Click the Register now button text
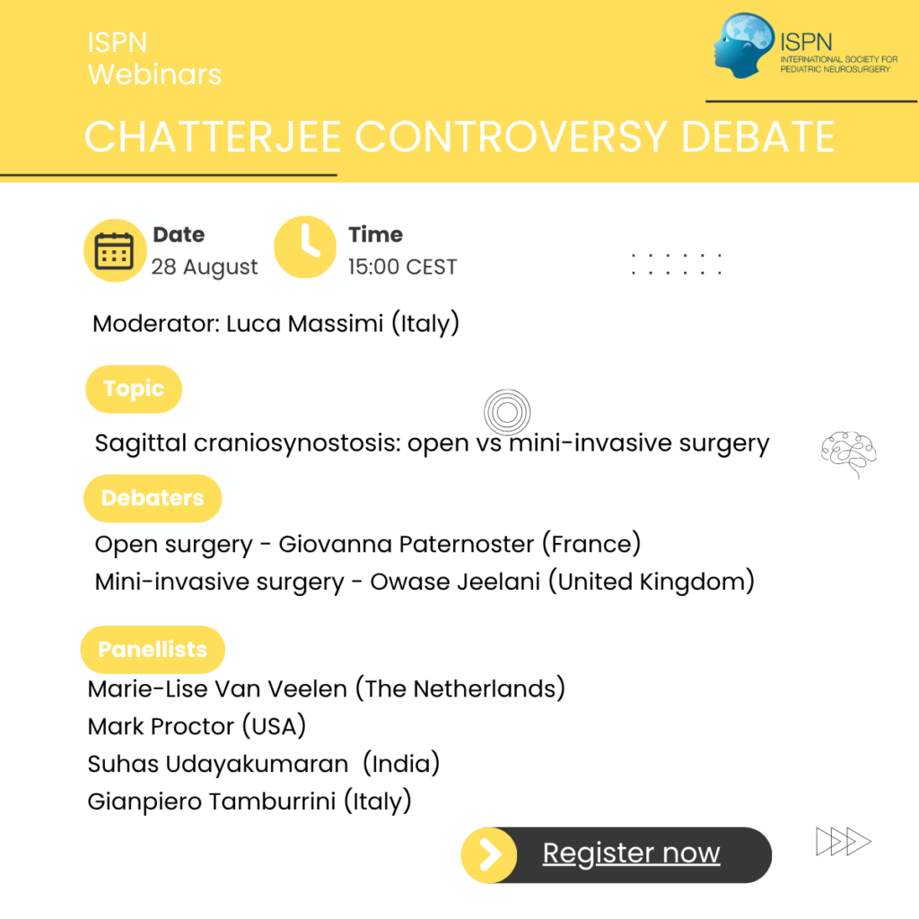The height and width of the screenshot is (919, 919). [631, 853]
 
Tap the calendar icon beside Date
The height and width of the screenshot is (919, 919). [115, 250]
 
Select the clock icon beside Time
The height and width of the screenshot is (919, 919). [305, 247]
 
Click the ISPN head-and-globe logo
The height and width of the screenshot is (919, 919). [744, 45]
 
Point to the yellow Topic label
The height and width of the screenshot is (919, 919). [134, 389]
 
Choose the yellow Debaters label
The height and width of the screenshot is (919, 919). [153, 498]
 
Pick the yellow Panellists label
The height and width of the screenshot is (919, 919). [153, 650]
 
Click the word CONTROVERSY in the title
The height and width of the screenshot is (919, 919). [511, 136]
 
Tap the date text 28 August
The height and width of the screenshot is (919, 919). [205, 267]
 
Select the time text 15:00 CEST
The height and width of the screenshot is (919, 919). [402, 267]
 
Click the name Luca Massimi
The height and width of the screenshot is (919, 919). [305, 323]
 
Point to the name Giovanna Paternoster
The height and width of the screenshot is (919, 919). [407, 544]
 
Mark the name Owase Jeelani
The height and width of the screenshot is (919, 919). [455, 582]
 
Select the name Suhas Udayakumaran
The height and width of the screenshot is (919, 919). [218, 764]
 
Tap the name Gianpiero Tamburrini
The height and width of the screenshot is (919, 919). [212, 801]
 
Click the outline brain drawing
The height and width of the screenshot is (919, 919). [849, 455]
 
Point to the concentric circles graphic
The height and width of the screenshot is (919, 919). [508, 412]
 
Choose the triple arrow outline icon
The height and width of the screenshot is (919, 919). [844, 842]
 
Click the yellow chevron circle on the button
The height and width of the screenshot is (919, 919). [489, 855]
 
